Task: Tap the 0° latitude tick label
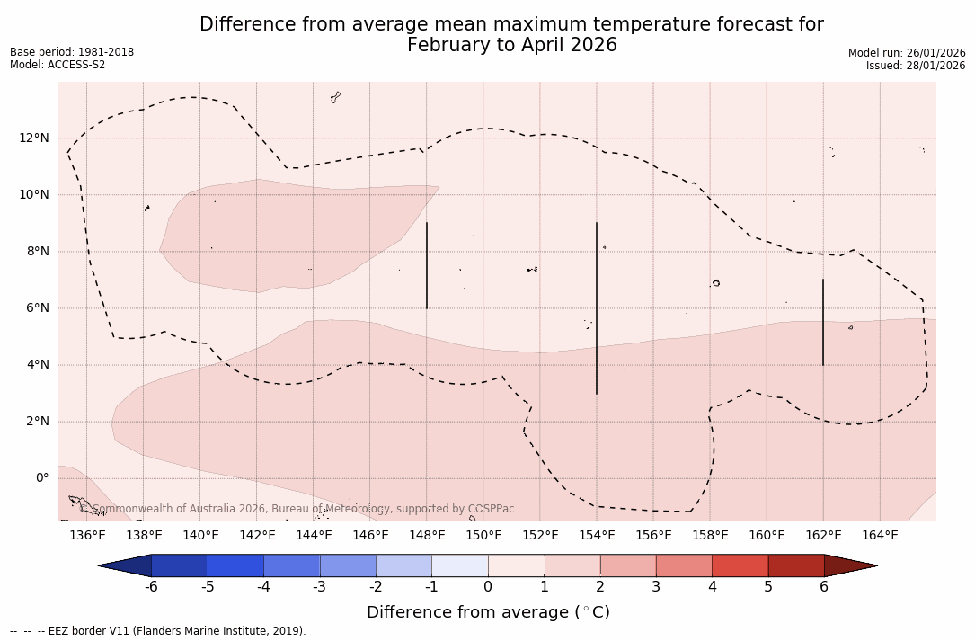coord(41,478)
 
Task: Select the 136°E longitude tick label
coord(87,536)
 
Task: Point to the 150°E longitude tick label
coord(483,536)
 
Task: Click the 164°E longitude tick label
coord(880,536)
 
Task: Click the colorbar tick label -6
coord(151,587)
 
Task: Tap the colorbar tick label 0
coord(488,587)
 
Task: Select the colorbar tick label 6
coord(824,587)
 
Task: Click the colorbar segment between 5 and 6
coord(796,565)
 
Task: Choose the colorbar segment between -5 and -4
coord(235,565)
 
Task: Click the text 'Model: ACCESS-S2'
coord(58,66)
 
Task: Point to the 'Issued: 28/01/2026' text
coord(916,66)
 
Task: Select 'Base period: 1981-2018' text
coord(72,52)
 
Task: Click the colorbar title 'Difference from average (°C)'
coord(488,612)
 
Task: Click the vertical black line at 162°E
coord(823,323)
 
